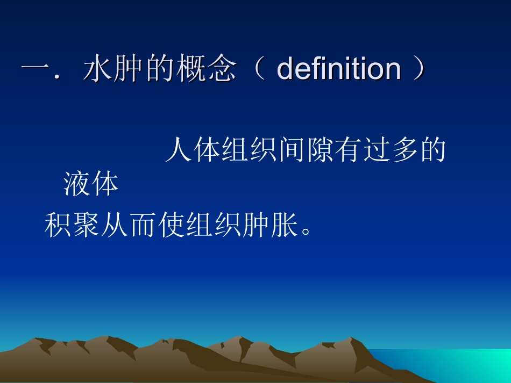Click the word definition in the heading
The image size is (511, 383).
tap(338, 69)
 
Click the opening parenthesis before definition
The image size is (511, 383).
tap(259, 70)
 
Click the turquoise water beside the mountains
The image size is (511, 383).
tap(463, 363)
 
